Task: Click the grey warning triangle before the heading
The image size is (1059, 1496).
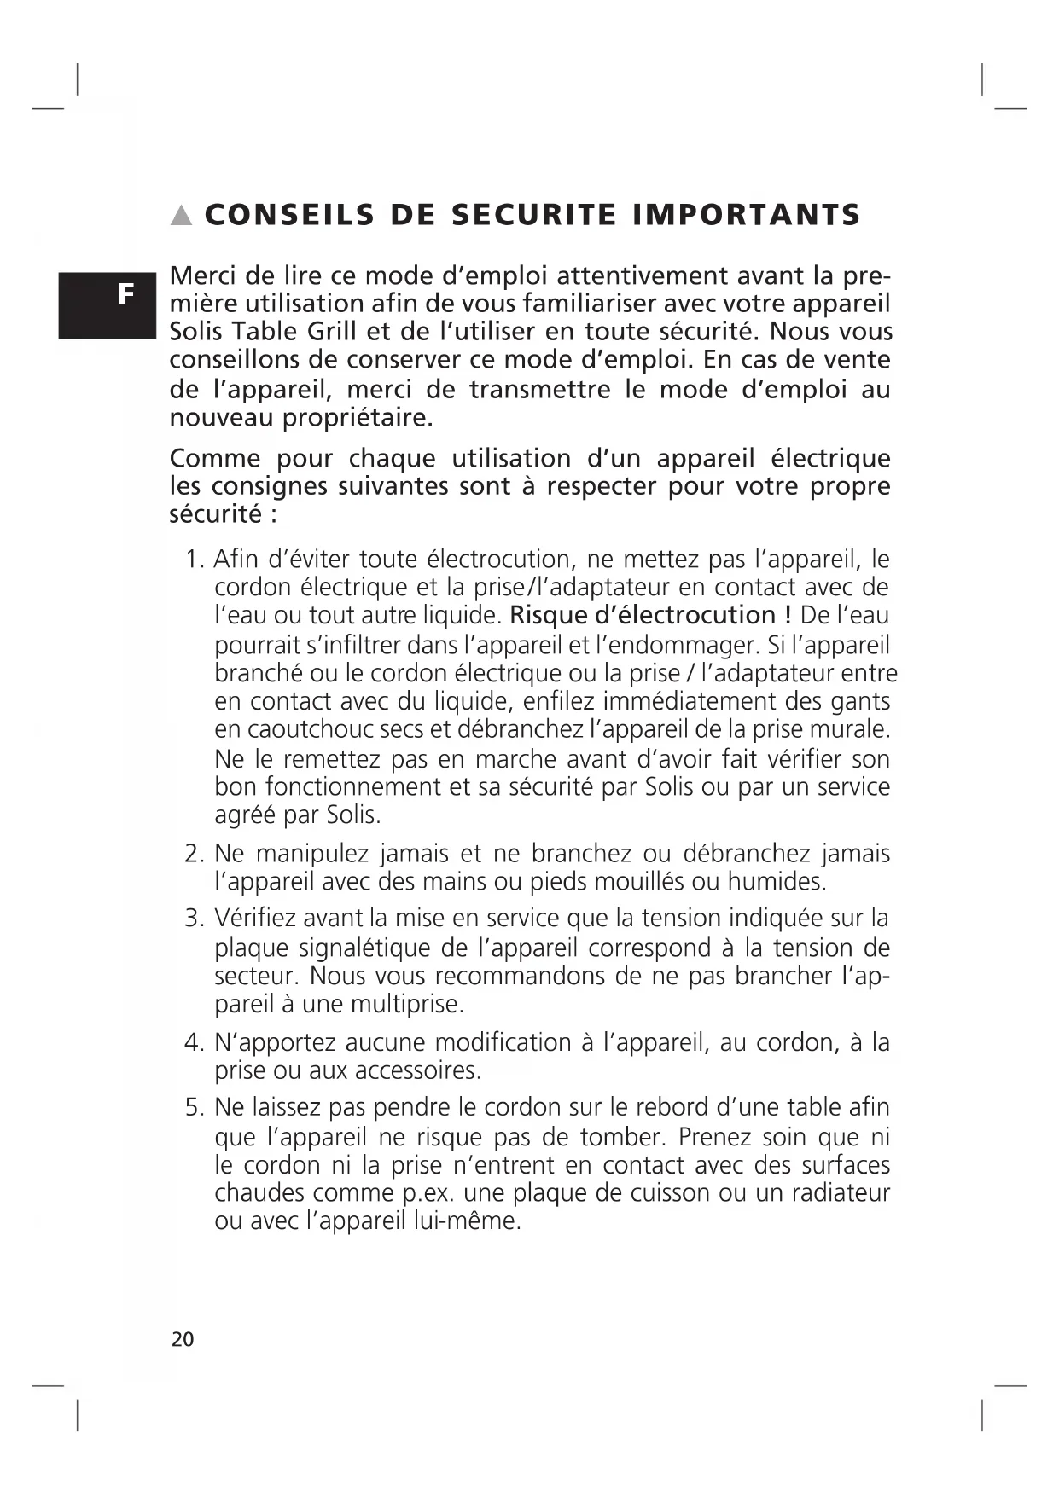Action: (181, 216)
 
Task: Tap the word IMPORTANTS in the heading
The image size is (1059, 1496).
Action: (747, 215)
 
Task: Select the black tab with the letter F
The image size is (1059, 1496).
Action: (108, 304)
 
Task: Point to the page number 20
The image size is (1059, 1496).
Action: (183, 1339)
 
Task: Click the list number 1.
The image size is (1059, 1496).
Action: (194, 560)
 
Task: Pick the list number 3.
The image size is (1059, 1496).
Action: (193, 919)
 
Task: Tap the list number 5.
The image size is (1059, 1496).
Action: (193, 1108)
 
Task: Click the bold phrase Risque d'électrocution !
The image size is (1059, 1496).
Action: (651, 615)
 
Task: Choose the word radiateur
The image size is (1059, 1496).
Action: (841, 1192)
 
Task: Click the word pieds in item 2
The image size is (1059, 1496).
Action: (571, 881)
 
